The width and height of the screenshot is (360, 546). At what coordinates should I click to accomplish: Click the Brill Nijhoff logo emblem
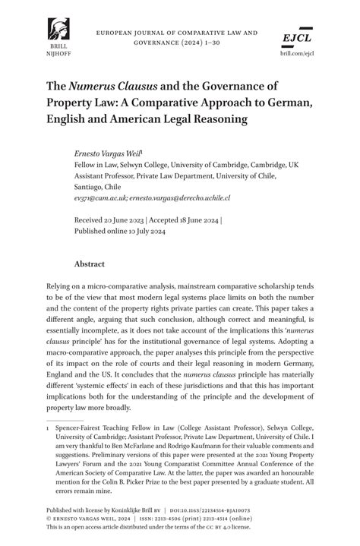pyautogui.click(x=56, y=29)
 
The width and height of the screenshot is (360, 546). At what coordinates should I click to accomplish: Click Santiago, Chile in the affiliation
pyautogui.click(x=98, y=186)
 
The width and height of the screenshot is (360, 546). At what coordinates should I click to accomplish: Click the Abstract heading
pyautogui.click(x=89, y=264)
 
